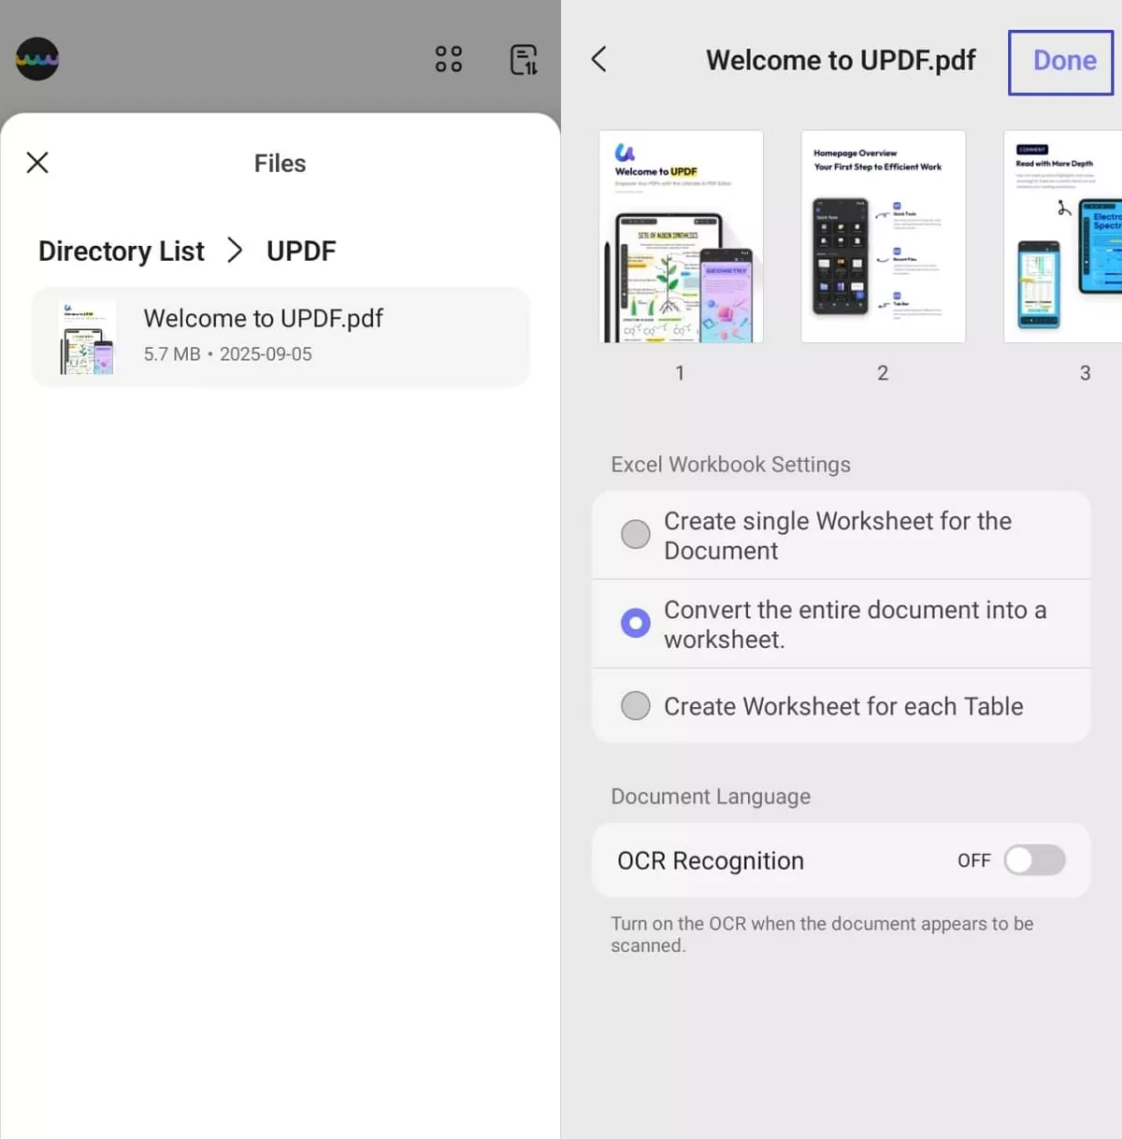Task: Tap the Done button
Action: point(1062,62)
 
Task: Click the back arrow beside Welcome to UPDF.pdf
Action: point(599,60)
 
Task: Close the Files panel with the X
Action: point(37,163)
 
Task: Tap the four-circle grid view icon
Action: point(449,59)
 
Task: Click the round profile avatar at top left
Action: point(37,59)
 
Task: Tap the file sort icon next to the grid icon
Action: point(524,59)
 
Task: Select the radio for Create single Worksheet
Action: point(636,534)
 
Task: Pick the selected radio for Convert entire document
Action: point(636,623)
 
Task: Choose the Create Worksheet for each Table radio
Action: point(636,705)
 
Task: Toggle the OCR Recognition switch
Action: point(1034,860)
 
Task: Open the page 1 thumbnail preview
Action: point(681,237)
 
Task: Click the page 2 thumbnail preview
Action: point(883,237)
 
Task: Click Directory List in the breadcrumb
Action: point(121,252)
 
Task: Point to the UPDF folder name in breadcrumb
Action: point(301,252)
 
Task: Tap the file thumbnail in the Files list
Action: point(87,338)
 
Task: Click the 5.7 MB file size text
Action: point(172,354)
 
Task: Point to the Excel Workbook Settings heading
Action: point(730,465)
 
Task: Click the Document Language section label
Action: point(711,797)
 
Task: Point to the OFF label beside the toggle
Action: point(973,860)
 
